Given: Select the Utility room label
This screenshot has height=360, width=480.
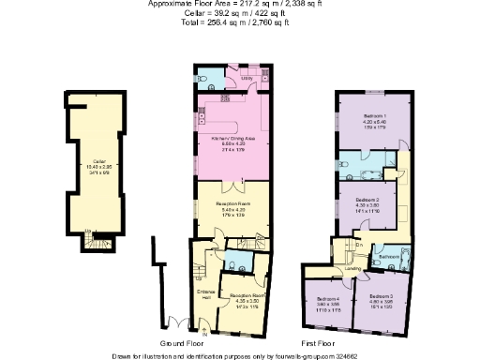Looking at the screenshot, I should [x=247, y=80].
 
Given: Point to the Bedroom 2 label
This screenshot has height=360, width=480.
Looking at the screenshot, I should [x=367, y=200].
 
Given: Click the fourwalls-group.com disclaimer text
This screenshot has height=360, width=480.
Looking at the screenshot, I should [x=239, y=355].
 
